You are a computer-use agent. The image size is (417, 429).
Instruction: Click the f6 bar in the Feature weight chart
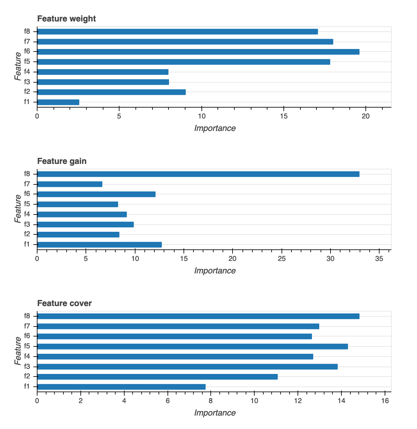pyautogui.click(x=198, y=52)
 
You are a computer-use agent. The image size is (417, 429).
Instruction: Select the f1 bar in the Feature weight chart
pyautogui.click(x=58, y=102)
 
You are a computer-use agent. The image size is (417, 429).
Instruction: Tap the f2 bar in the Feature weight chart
pyautogui.click(x=111, y=92)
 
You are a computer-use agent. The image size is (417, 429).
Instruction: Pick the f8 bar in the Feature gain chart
pyautogui.click(x=198, y=174)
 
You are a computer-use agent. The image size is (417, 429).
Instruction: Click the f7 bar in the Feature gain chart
pyautogui.click(x=70, y=184)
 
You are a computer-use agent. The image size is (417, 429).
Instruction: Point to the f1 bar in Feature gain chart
pyautogui.click(x=99, y=245)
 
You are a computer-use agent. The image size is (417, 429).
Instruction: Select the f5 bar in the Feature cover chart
pyautogui.click(x=192, y=346)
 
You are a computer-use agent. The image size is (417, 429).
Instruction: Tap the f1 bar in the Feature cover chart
pyautogui.click(x=121, y=387)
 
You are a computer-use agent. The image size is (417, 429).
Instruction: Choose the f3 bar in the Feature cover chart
pyautogui.click(x=187, y=367)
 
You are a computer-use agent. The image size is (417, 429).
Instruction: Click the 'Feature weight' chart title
pyautogui.click(x=66, y=19)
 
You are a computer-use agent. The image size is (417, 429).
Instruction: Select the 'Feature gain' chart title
pyautogui.click(x=62, y=161)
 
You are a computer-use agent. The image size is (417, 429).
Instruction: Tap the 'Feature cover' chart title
pyautogui.click(x=64, y=303)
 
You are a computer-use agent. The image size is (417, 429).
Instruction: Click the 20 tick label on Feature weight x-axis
pyautogui.click(x=366, y=116)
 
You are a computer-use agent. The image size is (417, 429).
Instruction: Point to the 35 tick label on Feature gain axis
pyautogui.click(x=379, y=259)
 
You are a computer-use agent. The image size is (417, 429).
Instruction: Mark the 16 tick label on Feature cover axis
pyautogui.click(x=385, y=401)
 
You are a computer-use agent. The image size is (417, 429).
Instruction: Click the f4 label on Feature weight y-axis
pyautogui.click(x=27, y=72)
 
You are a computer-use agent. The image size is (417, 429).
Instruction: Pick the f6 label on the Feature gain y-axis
pyautogui.click(x=27, y=194)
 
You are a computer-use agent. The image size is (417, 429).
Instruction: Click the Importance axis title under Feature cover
pyautogui.click(x=215, y=413)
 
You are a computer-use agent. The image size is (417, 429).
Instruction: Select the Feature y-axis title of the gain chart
pyautogui.click(x=18, y=209)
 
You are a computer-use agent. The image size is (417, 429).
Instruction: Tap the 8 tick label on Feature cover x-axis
pyautogui.click(x=211, y=401)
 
